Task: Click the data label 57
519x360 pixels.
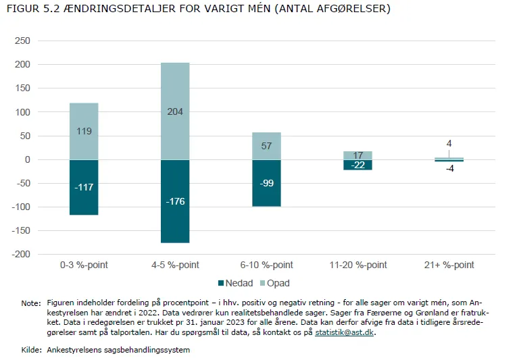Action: pyautogui.click(x=266, y=146)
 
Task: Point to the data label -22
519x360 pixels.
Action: pyautogui.click(x=357, y=165)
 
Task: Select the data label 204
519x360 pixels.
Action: pyautogui.click(x=175, y=111)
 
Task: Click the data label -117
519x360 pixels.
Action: pyautogui.click(x=84, y=187)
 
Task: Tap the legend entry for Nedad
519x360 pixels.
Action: pyautogui.click(x=234, y=283)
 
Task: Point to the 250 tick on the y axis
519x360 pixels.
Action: pyautogui.click(x=22, y=41)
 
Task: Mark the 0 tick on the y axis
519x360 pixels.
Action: pyautogui.click(x=28, y=160)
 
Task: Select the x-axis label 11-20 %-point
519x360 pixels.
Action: pyautogui.click(x=357, y=265)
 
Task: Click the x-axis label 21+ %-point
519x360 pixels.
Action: pyautogui.click(x=449, y=265)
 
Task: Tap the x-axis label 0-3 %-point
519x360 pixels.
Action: pyautogui.click(x=84, y=265)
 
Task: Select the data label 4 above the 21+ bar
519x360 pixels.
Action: pyautogui.click(x=449, y=144)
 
